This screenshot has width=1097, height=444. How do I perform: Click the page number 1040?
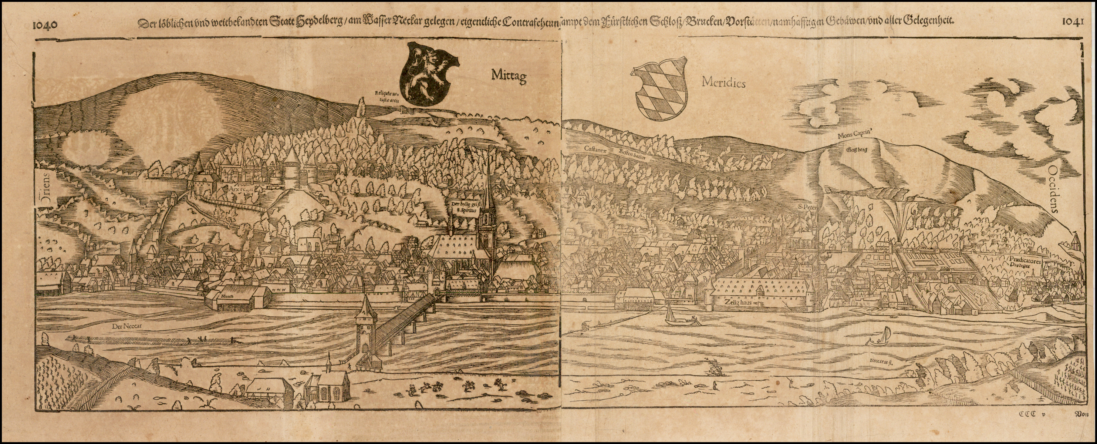(x=45, y=24)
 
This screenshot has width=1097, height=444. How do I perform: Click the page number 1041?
(x=1072, y=21)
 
